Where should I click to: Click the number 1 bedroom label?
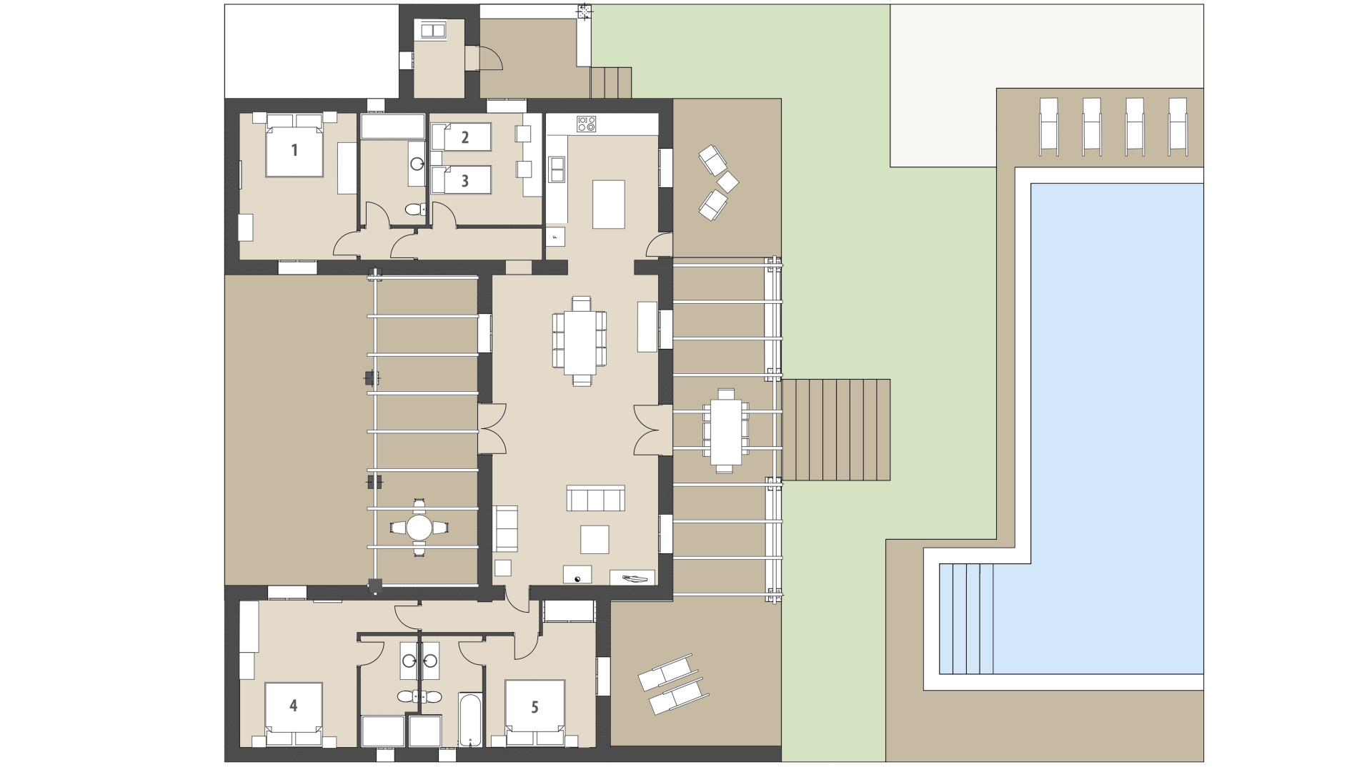coord(294,150)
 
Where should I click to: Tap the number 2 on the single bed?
coord(464,137)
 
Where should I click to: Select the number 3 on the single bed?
coord(464,180)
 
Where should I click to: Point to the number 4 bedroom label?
coord(293,706)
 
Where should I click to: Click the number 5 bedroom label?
coord(535,707)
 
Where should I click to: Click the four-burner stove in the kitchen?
coord(587,124)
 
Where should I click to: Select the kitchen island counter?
coord(608,204)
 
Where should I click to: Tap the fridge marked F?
coord(555,237)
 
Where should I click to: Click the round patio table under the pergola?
coord(419,528)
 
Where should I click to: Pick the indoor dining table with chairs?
coord(580,341)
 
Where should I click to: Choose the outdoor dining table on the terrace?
coord(725,430)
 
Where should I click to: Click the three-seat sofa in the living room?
coord(595,498)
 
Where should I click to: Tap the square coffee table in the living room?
coord(595,539)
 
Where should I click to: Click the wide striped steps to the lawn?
coord(836,430)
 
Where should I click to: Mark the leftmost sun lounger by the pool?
coord(1048,125)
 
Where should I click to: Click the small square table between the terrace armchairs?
coord(727,182)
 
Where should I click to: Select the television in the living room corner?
coord(632,577)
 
